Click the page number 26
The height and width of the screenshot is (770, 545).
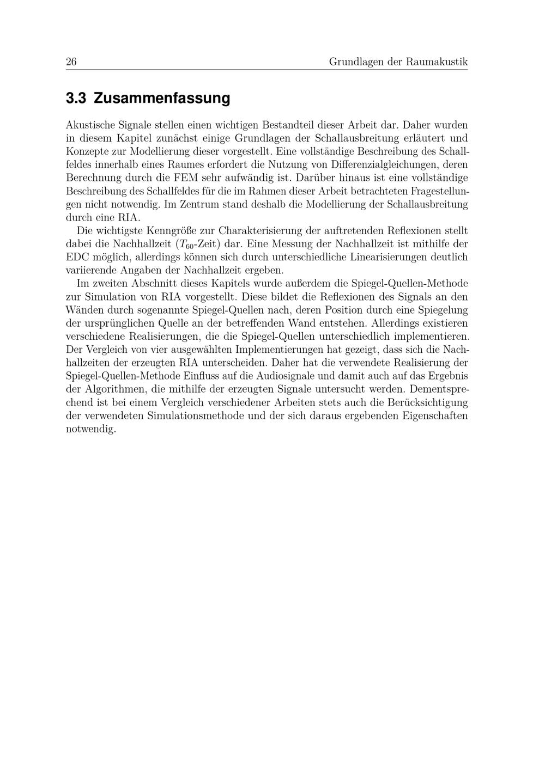pos(71,62)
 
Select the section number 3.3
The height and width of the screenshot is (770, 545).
pos(76,99)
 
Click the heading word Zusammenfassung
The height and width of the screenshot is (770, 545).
pos(162,99)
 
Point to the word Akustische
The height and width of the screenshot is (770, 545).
pos(90,125)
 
